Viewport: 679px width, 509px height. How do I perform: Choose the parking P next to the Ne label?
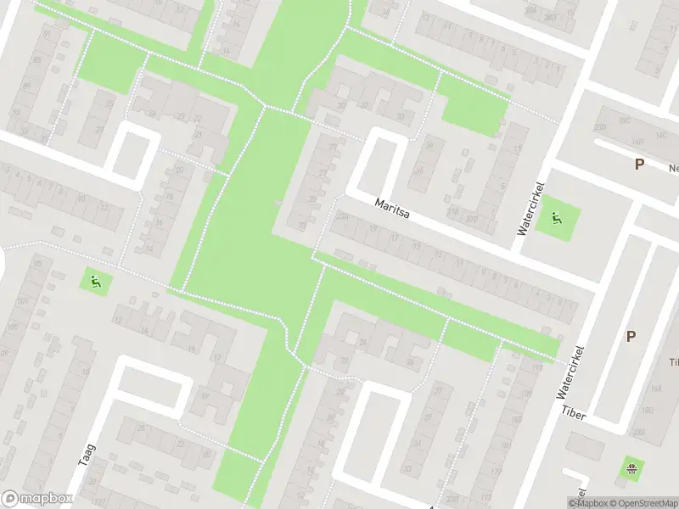point(638,164)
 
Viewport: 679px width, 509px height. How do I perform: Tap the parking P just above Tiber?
point(631,336)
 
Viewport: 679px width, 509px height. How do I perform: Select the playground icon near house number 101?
point(95,280)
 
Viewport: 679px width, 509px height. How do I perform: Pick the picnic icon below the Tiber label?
point(631,468)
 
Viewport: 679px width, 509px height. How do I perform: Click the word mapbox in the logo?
point(47,499)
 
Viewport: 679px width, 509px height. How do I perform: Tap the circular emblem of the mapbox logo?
point(10,499)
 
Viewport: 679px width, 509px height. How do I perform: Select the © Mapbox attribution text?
point(590,503)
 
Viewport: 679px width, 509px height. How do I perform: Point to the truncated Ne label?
point(674,168)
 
